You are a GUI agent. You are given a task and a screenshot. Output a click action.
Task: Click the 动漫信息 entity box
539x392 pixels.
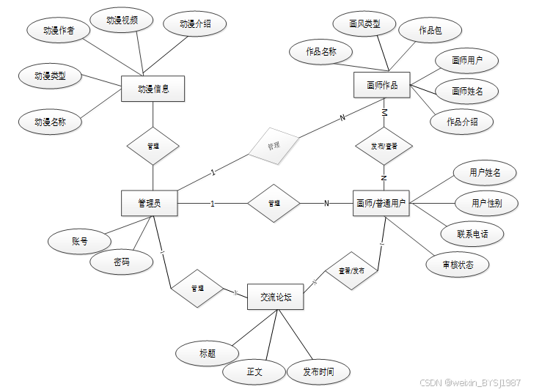[153, 89]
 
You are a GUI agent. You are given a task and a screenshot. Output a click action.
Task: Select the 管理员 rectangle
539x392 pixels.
[150, 203]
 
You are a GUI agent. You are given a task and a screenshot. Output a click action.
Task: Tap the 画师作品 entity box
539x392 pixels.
[382, 86]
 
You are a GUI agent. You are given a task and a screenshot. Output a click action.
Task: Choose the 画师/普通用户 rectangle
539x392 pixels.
[381, 203]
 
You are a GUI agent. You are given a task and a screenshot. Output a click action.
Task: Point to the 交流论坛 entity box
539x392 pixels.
[276, 296]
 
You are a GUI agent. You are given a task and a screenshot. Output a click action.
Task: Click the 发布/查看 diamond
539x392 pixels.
[384, 146]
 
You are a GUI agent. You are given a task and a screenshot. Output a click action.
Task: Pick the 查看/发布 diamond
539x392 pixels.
[351, 271]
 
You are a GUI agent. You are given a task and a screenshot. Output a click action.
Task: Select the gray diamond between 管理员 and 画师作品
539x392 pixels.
[274, 146]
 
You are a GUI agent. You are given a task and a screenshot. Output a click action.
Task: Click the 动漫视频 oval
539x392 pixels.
[122, 20]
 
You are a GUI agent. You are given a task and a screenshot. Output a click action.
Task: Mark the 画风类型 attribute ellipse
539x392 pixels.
[364, 24]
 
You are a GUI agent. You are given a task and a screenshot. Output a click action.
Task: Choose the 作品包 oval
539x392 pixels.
[430, 30]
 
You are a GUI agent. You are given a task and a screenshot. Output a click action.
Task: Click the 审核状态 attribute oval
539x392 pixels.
[458, 265]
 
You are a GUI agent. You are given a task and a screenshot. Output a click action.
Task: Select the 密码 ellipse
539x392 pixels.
[122, 262]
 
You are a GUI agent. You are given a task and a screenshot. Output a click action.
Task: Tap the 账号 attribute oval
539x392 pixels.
[80, 240]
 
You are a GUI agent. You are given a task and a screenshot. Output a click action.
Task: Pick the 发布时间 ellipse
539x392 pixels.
[318, 372]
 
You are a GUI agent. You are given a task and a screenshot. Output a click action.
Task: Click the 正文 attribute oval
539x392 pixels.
[254, 372]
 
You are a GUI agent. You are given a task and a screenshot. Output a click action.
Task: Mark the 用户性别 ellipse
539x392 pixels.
[487, 203]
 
